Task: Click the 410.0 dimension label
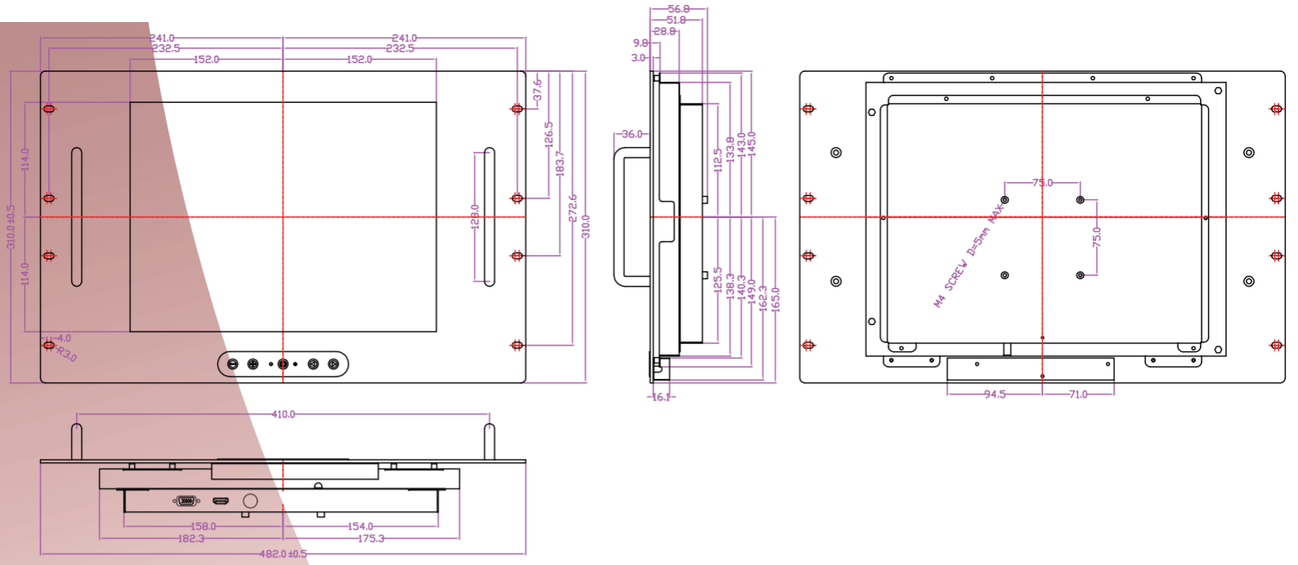283,415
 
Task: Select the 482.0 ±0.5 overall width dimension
283,554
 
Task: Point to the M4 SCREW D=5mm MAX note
969,256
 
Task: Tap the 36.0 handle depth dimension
632,134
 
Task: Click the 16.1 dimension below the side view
660,397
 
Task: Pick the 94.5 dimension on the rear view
994,394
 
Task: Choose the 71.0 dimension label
1078,394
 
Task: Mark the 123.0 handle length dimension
475,217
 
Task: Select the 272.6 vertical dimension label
573,207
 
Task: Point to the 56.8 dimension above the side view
678,9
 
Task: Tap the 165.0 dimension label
775,300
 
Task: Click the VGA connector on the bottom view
186,500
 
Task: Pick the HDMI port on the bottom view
221,500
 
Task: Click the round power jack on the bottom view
251,500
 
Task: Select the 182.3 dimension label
191,539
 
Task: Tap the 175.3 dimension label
371,539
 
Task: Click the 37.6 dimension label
537,89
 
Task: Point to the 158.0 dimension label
203,527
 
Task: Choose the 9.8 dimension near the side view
640,43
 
